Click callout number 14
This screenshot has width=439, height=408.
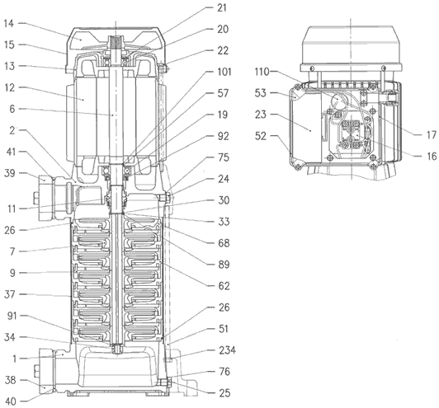pyautogui.click(x=9, y=23)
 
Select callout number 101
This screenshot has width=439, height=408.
pyautogui.click(x=224, y=73)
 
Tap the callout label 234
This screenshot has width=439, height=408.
pyautogui.click(x=227, y=350)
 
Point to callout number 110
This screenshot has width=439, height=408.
pyautogui.click(x=262, y=72)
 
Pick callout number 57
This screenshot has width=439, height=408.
pyautogui.click(x=223, y=93)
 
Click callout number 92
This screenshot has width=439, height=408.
pyautogui.click(x=224, y=136)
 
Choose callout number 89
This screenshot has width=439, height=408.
pyautogui.click(x=224, y=265)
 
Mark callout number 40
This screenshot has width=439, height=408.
pyautogui.click(x=11, y=401)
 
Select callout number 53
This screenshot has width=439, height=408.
pyautogui.click(x=261, y=93)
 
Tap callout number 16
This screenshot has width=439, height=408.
pyautogui.click(x=432, y=156)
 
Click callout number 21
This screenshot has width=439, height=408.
pyautogui.click(x=222, y=7)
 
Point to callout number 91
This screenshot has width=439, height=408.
pyautogui.click(x=12, y=316)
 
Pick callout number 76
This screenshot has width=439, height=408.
pyautogui.click(x=224, y=372)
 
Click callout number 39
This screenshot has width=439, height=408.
pyautogui.click(x=10, y=173)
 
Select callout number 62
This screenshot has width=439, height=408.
pyautogui.click(x=224, y=286)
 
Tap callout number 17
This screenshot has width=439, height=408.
pyautogui.click(x=432, y=135)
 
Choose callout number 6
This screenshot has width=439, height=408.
pyautogui.click(x=12, y=109)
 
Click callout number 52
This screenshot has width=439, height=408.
pyautogui.click(x=261, y=136)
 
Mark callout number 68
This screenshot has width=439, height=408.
pyautogui.click(x=224, y=243)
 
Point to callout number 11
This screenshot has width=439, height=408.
pyautogui.click(x=12, y=209)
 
